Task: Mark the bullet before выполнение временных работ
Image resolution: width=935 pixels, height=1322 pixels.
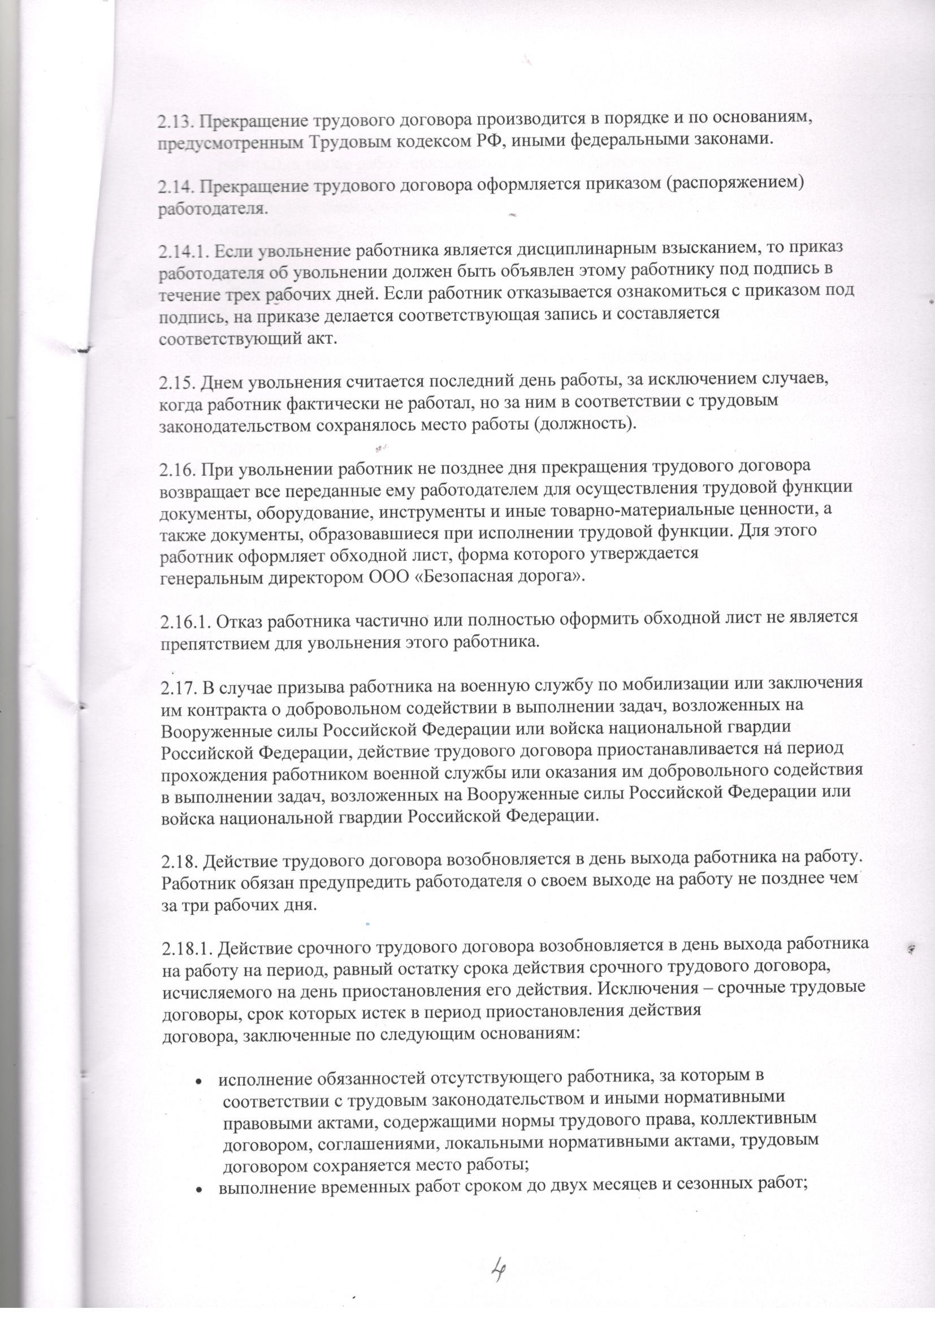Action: click(198, 1170)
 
